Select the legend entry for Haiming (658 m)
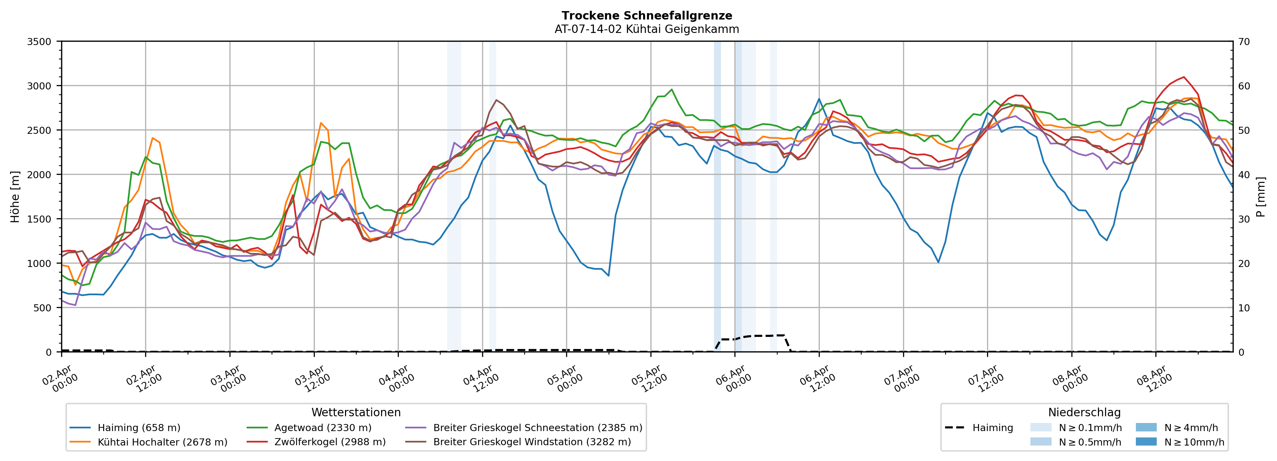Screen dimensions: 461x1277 pos(139,428)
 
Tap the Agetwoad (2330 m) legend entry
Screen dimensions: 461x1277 pos(323,428)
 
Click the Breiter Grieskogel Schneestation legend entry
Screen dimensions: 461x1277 pos(537,428)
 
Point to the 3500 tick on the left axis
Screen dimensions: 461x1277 pos(39,42)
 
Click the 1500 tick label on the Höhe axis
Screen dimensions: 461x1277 pos(39,219)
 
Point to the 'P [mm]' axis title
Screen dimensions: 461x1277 pos(1261,197)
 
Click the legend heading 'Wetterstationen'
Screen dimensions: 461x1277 pos(356,412)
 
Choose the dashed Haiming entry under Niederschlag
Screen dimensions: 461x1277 pos(979,428)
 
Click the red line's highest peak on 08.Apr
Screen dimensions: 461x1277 pos(1184,77)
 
